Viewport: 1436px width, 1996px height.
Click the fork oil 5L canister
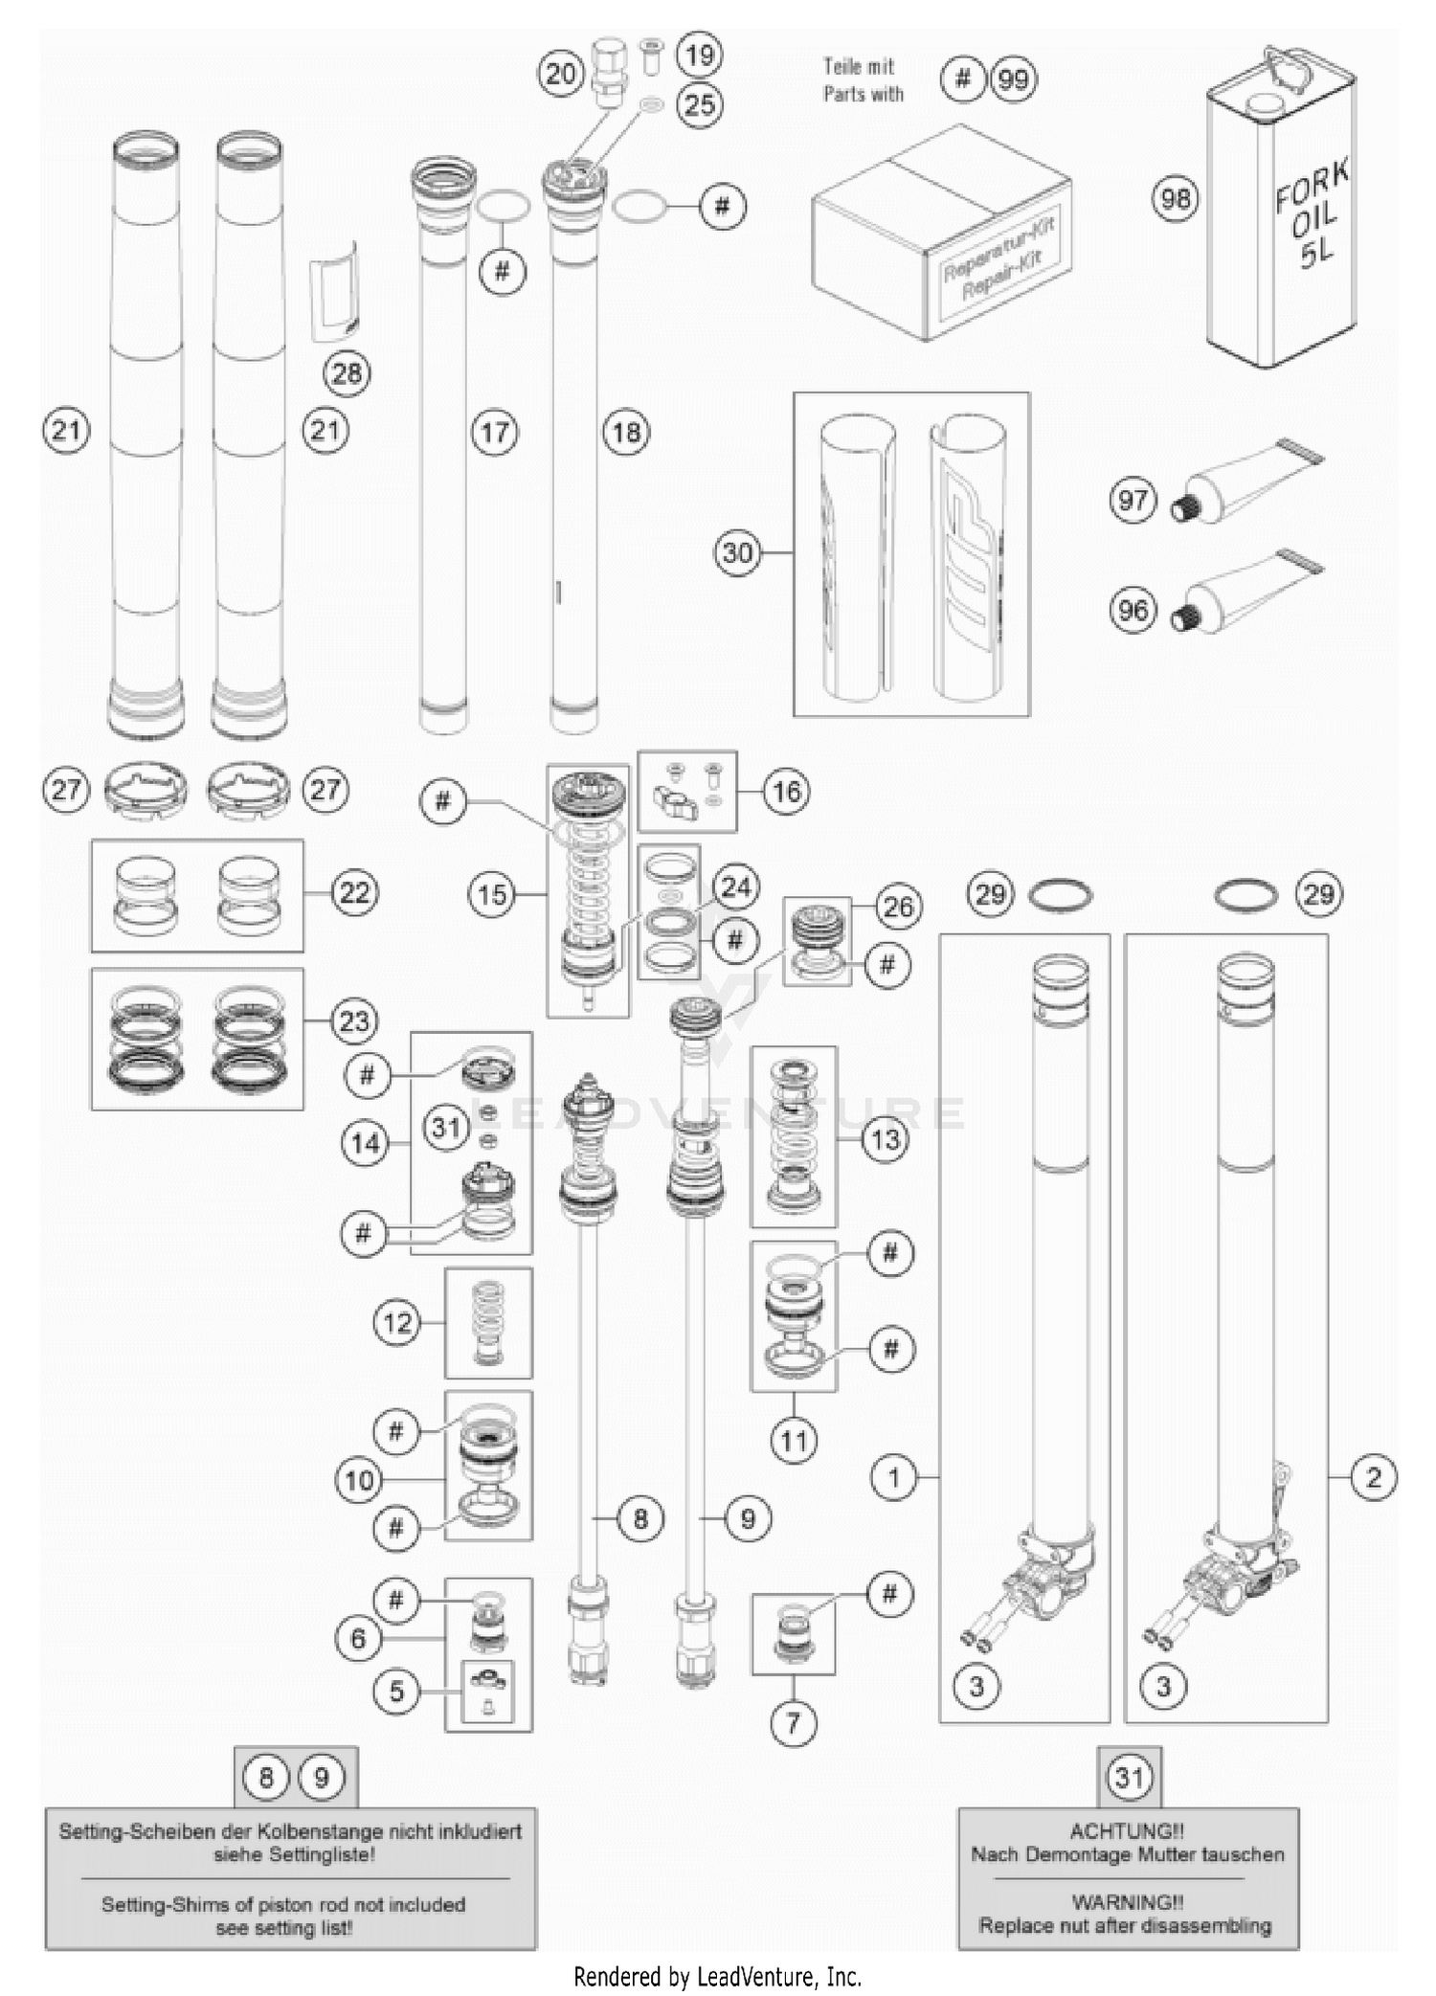(1281, 215)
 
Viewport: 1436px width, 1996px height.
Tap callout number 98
(1175, 198)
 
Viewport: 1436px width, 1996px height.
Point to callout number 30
(737, 552)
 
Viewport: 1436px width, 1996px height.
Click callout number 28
(347, 372)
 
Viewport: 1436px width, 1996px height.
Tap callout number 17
(494, 433)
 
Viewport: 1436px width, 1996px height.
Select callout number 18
(626, 433)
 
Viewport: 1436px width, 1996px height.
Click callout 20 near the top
(561, 73)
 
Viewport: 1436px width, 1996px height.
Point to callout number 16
(786, 791)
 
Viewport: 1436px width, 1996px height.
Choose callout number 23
(354, 1020)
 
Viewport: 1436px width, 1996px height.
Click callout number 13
(886, 1139)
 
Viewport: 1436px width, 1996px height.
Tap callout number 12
(396, 1323)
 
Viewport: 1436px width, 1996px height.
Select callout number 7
(793, 1723)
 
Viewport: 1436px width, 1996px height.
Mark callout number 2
(1374, 1477)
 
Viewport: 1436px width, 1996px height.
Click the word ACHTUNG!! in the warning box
(1127, 1831)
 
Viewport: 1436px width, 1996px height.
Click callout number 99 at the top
(1013, 78)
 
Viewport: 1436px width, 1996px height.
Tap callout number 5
(396, 1692)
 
